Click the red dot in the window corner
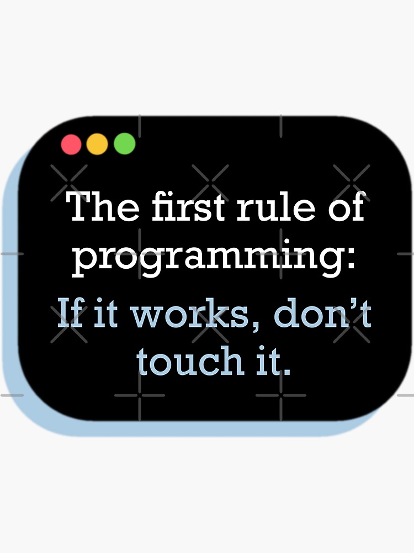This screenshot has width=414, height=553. [x=71, y=144]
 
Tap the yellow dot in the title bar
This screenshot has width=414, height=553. [x=97, y=144]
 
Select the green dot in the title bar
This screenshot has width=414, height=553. [x=124, y=144]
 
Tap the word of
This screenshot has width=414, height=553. [x=345, y=207]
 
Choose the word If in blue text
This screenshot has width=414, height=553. [x=70, y=312]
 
